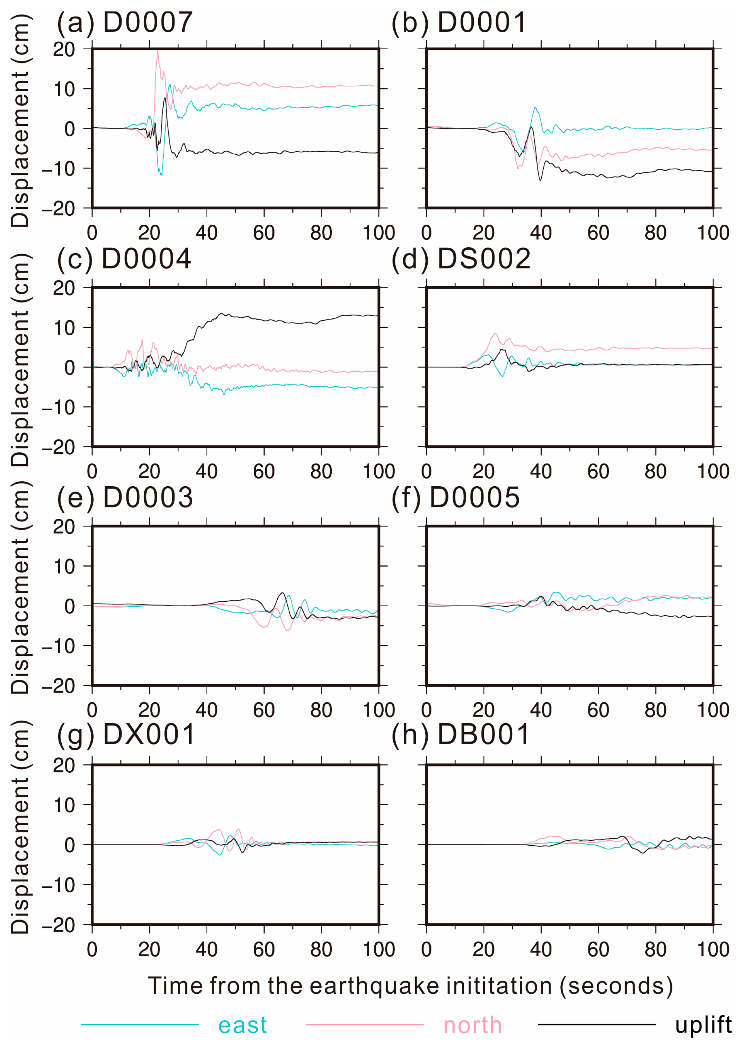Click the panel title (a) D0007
[x=124, y=23]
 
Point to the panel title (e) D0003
[x=124, y=497]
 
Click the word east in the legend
[x=242, y=1025]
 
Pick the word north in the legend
[x=472, y=1025]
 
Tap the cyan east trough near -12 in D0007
[x=161, y=174]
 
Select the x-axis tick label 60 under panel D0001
[x=598, y=233]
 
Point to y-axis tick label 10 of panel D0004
[x=64, y=328]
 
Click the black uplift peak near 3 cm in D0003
[x=282, y=593]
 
